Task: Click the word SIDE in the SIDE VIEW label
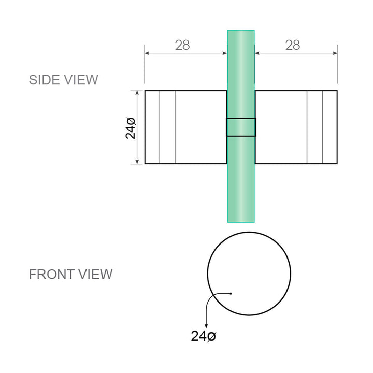click(44, 80)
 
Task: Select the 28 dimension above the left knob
click(182, 45)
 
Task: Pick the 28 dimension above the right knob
click(293, 45)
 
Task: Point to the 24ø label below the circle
click(204, 336)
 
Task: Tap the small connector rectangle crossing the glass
click(241, 127)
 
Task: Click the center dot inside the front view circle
click(231, 294)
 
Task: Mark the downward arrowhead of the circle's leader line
click(206, 325)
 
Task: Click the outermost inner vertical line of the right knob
click(322, 127)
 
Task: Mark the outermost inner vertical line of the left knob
click(160, 127)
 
